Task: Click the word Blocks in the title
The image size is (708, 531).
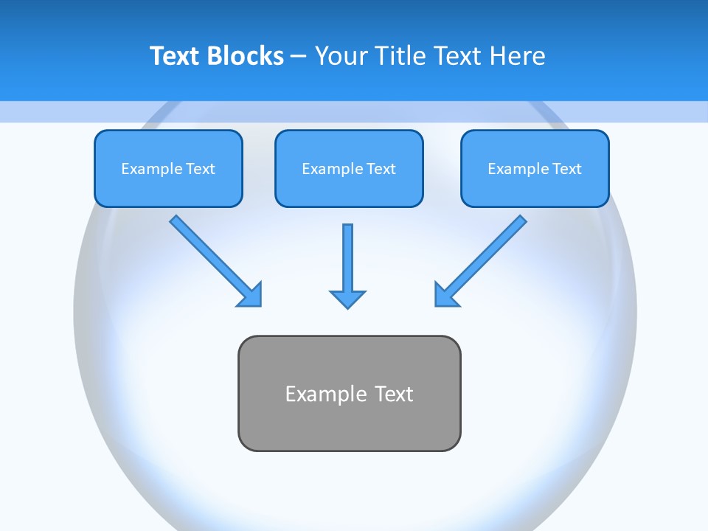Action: pos(246,56)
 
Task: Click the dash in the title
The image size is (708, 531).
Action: pos(299,57)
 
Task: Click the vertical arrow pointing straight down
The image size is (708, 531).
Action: pos(347,258)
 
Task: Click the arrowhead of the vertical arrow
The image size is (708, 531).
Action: pos(347,299)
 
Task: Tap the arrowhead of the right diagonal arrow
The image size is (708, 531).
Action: pos(445,295)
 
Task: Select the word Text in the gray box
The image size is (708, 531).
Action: pos(394,394)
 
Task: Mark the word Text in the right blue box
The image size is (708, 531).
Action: pos(566,169)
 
